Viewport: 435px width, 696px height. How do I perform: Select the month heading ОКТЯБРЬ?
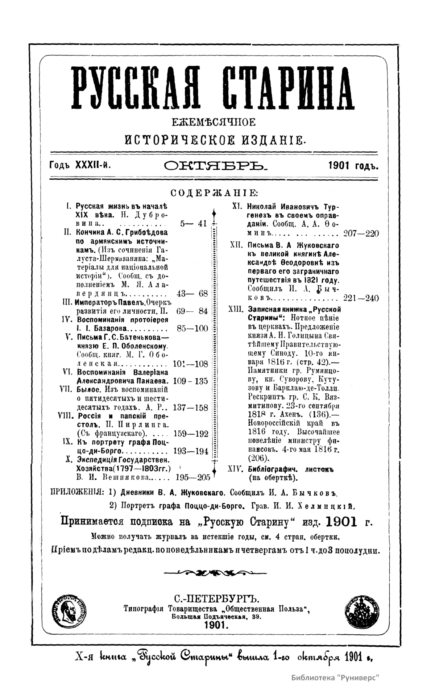[x=215, y=166]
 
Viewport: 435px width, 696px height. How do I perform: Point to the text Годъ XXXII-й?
[x=80, y=166]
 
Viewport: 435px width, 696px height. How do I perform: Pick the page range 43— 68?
[x=192, y=293]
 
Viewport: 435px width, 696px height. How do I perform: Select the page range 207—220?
[x=361, y=233]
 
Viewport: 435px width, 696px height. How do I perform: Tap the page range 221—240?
[x=361, y=298]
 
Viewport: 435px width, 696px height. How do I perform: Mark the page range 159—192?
[x=191, y=434]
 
